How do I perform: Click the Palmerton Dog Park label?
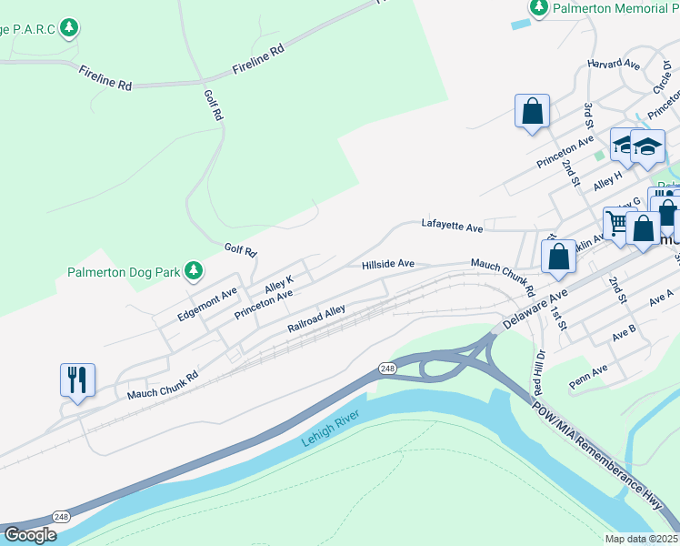[x=124, y=272]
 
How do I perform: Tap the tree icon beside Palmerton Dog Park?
[x=193, y=270]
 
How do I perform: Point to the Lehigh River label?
[x=332, y=429]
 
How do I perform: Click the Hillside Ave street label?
[x=388, y=264]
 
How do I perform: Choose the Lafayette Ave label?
[x=451, y=225]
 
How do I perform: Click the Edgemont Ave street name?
[x=207, y=305]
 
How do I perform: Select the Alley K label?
[x=278, y=285]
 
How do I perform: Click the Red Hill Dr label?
[x=538, y=371]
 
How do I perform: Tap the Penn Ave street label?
[x=587, y=371]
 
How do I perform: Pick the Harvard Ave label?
[x=614, y=64]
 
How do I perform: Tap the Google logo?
[x=30, y=535]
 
